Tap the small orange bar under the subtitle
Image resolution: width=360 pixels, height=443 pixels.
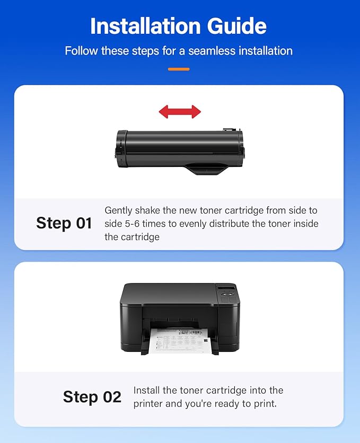[x=179, y=69]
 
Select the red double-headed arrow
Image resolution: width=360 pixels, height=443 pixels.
[x=180, y=111]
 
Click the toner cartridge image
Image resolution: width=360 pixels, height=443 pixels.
[x=180, y=150]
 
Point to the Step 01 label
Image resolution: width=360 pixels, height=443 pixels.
[x=64, y=223]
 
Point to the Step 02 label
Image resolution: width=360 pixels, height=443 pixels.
[x=92, y=397]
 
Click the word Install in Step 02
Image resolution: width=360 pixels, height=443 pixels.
[x=148, y=391]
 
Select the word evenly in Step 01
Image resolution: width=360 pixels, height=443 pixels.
[x=194, y=224]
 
